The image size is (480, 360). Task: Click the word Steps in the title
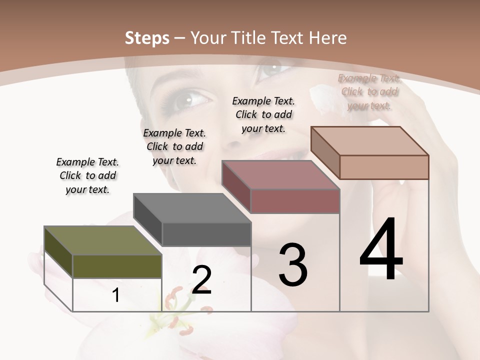(146, 38)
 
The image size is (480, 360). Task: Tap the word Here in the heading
(328, 38)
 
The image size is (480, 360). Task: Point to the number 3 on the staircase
(292, 265)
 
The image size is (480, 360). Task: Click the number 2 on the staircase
(201, 280)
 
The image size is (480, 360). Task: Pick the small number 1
(116, 295)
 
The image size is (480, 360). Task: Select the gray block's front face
(206, 234)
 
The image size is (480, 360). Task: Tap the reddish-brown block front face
(295, 201)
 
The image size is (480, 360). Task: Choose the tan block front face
(384, 167)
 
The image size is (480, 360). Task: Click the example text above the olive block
(87, 175)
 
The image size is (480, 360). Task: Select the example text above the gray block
(174, 146)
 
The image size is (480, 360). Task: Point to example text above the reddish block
(263, 114)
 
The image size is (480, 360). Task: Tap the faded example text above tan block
(369, 91)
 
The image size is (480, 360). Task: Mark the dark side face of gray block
(148, 219)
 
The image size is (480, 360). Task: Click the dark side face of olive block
(58, 252)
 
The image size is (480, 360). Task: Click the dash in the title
(180, 38)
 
